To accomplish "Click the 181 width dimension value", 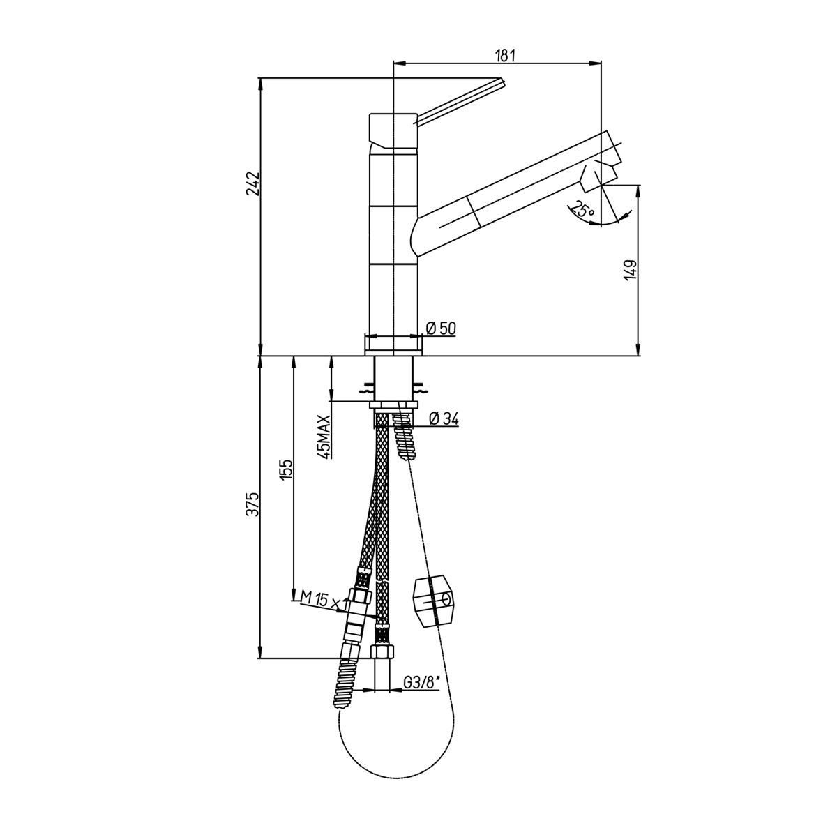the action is click(505, 56).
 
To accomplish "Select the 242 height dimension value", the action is click(252, 183).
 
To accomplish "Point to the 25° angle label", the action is click(583, 210).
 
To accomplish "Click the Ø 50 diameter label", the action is click(441, 329).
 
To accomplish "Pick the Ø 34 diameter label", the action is click(444, 418).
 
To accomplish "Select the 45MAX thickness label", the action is click(324, 436).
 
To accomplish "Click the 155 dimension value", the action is click(287, 469).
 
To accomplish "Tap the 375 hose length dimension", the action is click(252, 505).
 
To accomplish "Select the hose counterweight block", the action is click(433, 601).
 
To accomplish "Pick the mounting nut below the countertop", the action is click(393, 405).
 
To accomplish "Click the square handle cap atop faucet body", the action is click(393, 130).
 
